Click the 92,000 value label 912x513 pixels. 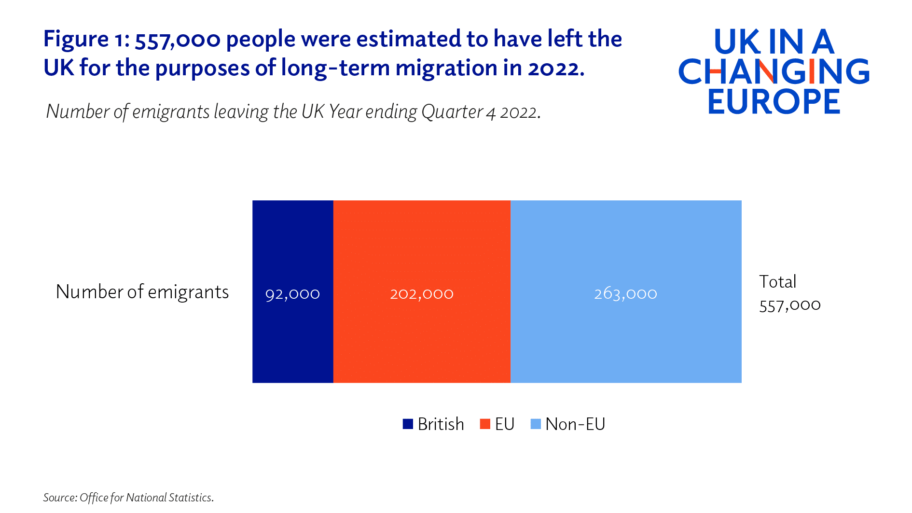point(292,293)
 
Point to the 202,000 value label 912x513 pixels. point(421,293)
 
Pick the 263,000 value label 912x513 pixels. point(625,293)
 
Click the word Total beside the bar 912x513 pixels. point(777,281)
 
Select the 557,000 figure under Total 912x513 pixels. point(789,305)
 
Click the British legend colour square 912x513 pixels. point(408,424)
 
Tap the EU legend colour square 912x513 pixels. point(485,424)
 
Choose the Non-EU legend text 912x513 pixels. point(575,424)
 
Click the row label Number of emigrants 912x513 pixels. point(142,292)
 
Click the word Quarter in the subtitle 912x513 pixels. point(452,112)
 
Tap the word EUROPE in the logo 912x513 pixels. point(774,101)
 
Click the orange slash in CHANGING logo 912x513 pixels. point(765,71)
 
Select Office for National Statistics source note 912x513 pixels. point(146,498)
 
